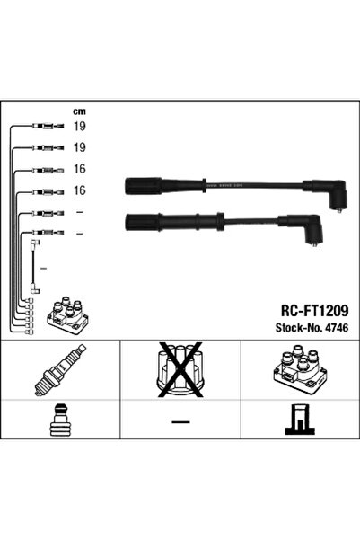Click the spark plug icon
tap(56, 372)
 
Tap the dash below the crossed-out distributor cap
tap(180, 421)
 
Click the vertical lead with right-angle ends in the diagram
tap(36, 266)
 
